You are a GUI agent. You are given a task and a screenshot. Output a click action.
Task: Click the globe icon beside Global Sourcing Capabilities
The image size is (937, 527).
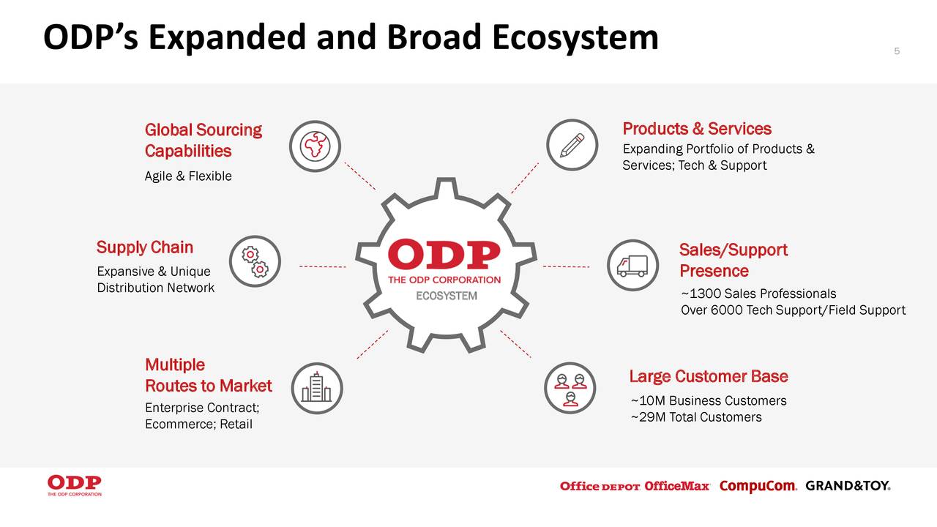click(315, 145)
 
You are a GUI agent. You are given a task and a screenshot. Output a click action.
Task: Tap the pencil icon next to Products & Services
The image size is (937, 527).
click(572, 145)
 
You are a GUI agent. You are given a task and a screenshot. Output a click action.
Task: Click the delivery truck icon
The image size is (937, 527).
click(632, 265)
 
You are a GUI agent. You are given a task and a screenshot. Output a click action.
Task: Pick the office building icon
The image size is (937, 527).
click(316, 388)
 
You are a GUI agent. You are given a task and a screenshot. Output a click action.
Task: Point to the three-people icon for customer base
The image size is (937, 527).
click(570, 388)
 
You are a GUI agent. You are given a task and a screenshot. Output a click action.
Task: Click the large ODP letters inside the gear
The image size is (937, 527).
click(444, 255)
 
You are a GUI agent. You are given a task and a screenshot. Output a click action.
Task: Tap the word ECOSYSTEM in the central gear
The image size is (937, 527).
click(447, 296)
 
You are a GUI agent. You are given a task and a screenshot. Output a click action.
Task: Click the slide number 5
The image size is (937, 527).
click(897, 51)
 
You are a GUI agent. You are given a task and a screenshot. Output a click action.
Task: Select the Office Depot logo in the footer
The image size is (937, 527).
click(600, 487)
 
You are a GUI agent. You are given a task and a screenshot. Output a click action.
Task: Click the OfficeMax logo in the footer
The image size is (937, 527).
click(677, 487)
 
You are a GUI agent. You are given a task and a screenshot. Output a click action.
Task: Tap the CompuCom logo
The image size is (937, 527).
click(758, 487)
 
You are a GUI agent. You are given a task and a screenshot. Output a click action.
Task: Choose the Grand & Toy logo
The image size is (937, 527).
click(848, 486)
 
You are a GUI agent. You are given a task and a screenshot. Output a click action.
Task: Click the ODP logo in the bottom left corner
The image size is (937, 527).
click(75, 485)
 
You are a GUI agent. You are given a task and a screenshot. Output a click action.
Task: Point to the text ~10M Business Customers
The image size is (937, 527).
click(708, 400)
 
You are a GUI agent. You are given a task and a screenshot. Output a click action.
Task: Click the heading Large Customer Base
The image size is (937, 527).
click(708, 376)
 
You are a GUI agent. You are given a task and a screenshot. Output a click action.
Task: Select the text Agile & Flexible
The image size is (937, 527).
click(188, 176)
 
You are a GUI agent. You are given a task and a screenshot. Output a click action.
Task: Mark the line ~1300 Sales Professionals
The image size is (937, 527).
click(758, 294)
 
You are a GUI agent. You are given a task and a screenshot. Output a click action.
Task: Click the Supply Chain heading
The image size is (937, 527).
click(145, 247)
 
